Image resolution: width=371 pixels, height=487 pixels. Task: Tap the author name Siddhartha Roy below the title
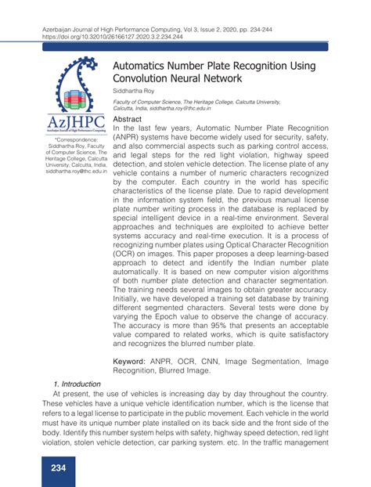[135, 92]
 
